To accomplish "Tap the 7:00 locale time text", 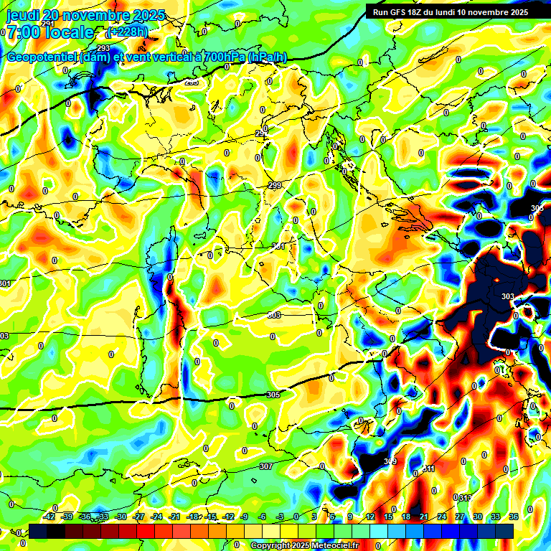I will (50, 32).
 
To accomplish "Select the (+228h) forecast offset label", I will (127, 32).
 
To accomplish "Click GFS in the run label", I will (397, 12).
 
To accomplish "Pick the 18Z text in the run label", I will (416, 12).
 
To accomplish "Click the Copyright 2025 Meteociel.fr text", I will (304, 545).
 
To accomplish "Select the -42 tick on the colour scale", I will (50, 517).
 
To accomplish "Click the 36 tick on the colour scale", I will (514, 517).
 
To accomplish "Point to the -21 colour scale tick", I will (174, 517).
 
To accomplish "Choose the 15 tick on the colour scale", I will (388, 517).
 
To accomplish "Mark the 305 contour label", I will (273, 395).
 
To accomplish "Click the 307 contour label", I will (265, 466).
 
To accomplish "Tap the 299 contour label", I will (274, 186).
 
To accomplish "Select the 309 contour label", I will (390, 461).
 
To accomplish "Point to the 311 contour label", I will (428, 468).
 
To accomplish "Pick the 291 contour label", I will (48, 24).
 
